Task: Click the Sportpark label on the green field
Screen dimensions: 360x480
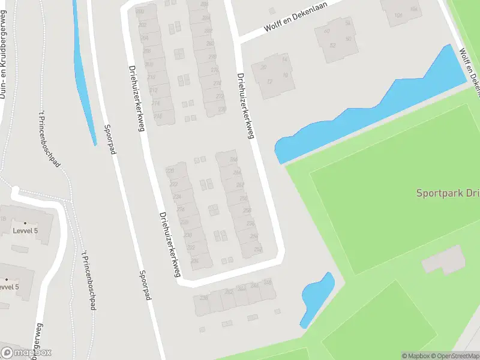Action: [448, 193]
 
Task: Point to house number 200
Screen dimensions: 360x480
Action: [141, 11]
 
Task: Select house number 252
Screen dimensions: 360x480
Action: [258, 249]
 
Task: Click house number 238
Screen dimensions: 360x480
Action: [203, 298]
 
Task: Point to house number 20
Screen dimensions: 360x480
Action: [263, 67]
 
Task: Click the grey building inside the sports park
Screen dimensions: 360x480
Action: [445, 259]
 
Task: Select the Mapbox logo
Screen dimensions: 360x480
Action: [26, 353]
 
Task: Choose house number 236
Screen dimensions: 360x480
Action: [194, 260]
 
